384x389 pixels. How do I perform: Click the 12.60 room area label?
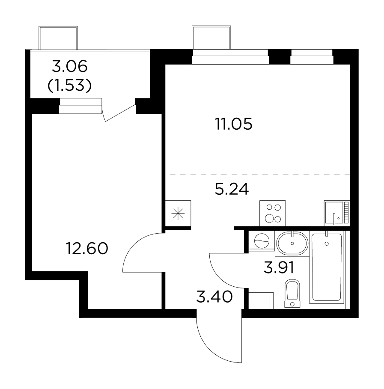pos(87,248)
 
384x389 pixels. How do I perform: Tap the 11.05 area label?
pos(234,124)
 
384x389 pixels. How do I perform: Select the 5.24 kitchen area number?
pos(232,189)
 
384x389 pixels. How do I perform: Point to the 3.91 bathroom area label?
pos(279,267)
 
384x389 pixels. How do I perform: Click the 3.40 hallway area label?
pos(214,297)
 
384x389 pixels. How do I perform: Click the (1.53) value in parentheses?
pos(69,86)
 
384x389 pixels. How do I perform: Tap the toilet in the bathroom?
pos(292,294)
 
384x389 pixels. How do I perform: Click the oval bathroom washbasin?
pos(292,243)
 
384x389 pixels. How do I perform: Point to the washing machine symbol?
pos(262,241)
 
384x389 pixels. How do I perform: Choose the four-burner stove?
pos(273,214)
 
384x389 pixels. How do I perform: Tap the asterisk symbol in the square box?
pos(178,214)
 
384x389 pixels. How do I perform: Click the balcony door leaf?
pos(121,113)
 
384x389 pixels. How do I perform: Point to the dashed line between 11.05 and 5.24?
pos(260,175)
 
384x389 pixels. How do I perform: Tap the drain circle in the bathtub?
pos(327,243)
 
